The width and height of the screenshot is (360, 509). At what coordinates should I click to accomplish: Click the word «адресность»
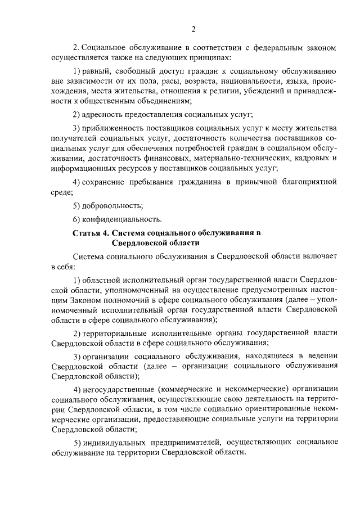click(104, 115)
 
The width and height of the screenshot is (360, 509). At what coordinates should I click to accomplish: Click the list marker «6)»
click(78, 218)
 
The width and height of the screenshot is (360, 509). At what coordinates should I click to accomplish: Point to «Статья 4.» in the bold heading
click(91, 232)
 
